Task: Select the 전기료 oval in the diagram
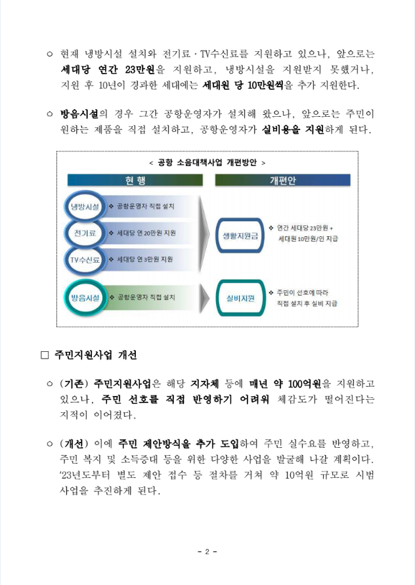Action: tap(85, 233)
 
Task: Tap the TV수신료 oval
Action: tap(86, 259)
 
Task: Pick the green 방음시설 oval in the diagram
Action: tap(85, 298)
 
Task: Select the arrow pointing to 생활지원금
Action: tap(204, 234)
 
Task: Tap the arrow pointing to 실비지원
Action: tap(204, 298)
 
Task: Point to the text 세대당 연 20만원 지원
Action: tap(145, 233)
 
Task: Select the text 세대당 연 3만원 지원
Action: tap(144, 259)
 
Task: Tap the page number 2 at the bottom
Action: tap(207, 551)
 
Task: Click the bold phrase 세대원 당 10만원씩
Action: tap(243, 85)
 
